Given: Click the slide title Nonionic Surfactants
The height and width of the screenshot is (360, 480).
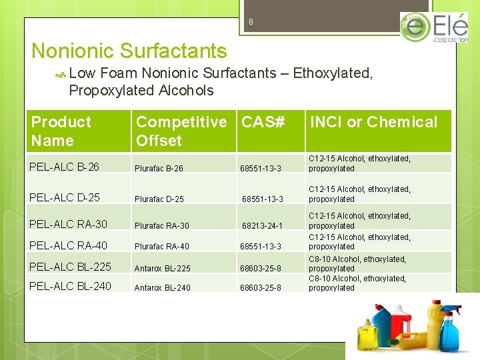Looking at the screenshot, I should point(129,51).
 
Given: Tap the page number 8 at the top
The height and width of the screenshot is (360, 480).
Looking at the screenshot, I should point(251,22).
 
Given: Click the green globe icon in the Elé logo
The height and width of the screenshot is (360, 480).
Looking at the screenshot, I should point(415,27).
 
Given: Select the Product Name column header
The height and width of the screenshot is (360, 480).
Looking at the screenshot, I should point(61,131).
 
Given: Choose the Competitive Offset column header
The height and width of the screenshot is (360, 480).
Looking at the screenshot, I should point(181,131).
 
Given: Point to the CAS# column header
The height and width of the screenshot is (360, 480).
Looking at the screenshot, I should point(263,122).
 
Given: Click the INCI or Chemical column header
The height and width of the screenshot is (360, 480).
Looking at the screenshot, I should point(374,122).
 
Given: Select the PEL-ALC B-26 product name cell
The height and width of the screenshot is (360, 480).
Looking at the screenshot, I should point(65,167).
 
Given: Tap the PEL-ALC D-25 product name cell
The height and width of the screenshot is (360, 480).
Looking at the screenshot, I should point(65,197).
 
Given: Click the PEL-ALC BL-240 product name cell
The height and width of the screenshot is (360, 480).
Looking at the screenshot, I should point(71,286).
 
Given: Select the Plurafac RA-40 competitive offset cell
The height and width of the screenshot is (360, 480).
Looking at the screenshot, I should point(162,247).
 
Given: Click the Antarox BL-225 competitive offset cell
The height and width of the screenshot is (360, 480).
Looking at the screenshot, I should point(162,269).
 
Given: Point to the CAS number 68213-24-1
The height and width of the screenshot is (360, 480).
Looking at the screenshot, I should point(262,226).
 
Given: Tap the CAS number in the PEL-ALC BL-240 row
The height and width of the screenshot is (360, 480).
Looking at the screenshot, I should point(261,288).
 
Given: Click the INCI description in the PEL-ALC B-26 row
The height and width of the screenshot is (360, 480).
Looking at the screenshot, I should point(359,163).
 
